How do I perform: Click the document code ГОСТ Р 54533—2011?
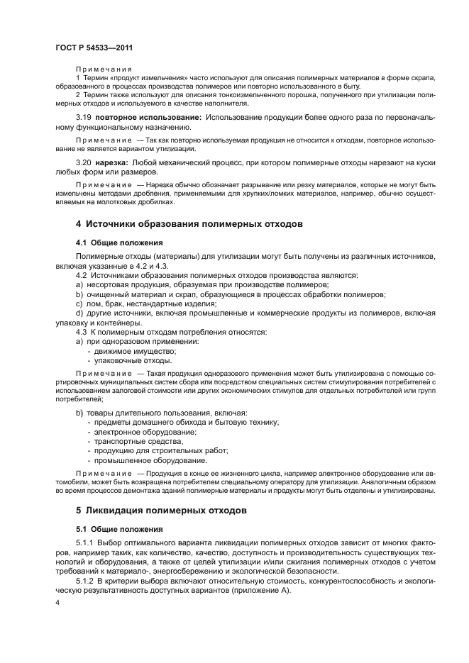94,48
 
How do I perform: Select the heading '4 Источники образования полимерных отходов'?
189,223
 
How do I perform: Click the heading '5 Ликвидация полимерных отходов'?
161,510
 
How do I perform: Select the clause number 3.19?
84,116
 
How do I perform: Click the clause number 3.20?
84,162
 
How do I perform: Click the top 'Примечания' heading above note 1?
104,67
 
